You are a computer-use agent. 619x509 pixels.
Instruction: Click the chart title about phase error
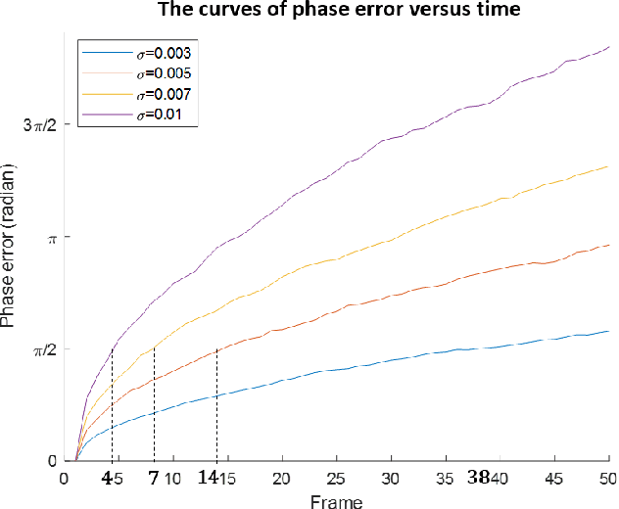click(x=309, y=11)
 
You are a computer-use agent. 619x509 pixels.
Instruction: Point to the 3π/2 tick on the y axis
click(x=43, y=125)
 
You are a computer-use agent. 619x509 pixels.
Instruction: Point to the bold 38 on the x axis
click(x=478, y=479)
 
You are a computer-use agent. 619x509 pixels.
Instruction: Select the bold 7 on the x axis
click(x=154, y=479)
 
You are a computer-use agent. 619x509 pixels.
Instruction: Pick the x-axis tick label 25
click(x=336, y=480)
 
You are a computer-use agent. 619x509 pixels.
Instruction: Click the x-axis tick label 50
click(x=607, y=480)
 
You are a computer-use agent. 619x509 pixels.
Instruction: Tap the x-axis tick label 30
click(x=390, y=480)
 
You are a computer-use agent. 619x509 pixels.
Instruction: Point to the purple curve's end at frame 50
click(x=608, y=46)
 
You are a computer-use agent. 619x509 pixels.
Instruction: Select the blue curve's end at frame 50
click(x=608, y=331)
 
